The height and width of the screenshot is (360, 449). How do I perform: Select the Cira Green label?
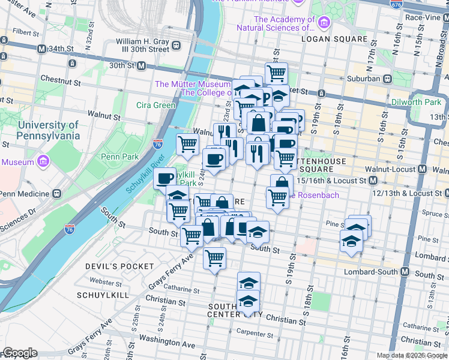[155, 105]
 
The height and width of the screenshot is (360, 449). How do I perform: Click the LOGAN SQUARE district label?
[334, 39]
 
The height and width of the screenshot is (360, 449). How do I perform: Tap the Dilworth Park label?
[415, 102]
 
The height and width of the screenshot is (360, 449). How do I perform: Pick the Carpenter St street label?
[256, 333]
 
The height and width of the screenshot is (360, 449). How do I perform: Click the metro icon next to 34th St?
[41, 49]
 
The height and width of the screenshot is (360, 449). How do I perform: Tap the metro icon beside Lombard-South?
[405, 271]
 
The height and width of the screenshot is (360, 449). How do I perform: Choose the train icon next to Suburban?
[388, 78]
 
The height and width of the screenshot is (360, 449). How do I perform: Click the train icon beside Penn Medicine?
[56, 194]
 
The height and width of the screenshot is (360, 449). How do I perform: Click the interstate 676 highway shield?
[397, 5]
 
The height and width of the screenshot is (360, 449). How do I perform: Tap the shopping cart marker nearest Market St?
[276, 73]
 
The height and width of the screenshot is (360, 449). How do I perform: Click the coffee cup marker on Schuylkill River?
[164, 178]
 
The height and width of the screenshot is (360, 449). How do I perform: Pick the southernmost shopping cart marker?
[214, 258]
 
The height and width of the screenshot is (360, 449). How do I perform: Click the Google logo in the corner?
[20, 353]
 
